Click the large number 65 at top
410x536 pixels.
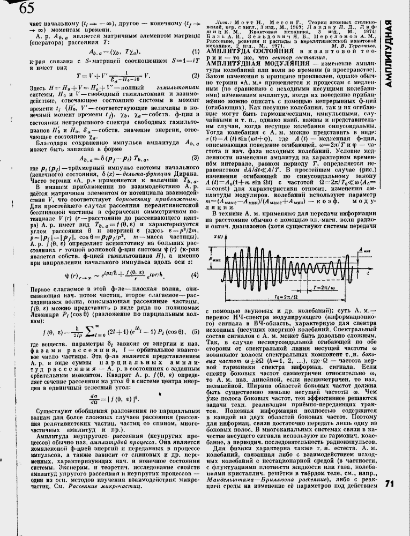(x=20, y=8)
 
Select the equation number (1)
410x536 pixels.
(x=195, y=51)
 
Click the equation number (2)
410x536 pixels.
(x=195, y=76)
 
